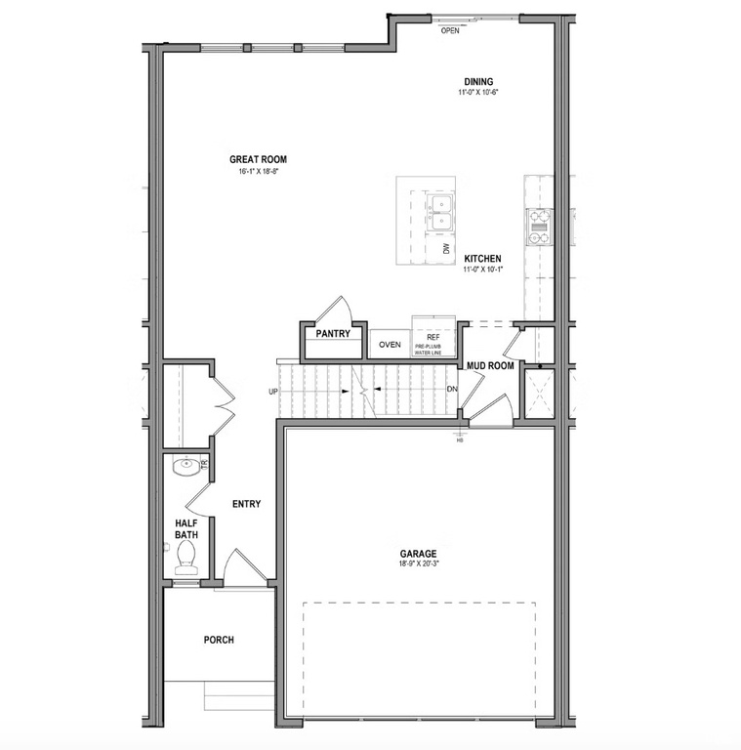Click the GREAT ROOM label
click(258, 159)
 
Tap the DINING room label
click(478, 82)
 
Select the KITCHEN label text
click(482, 259)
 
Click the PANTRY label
click(333, 334)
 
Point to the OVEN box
click(391, 345)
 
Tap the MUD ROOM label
click(490, 366)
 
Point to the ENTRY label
click(246, 504)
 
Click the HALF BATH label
click(186, 528)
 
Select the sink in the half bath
click(184, 466)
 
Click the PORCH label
click(219, 641)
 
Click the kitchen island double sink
click(441, 211)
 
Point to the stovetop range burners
click(539, 226)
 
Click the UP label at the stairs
click(274, 392)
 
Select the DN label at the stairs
click(452, 390)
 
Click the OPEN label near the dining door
click(450, 30)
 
